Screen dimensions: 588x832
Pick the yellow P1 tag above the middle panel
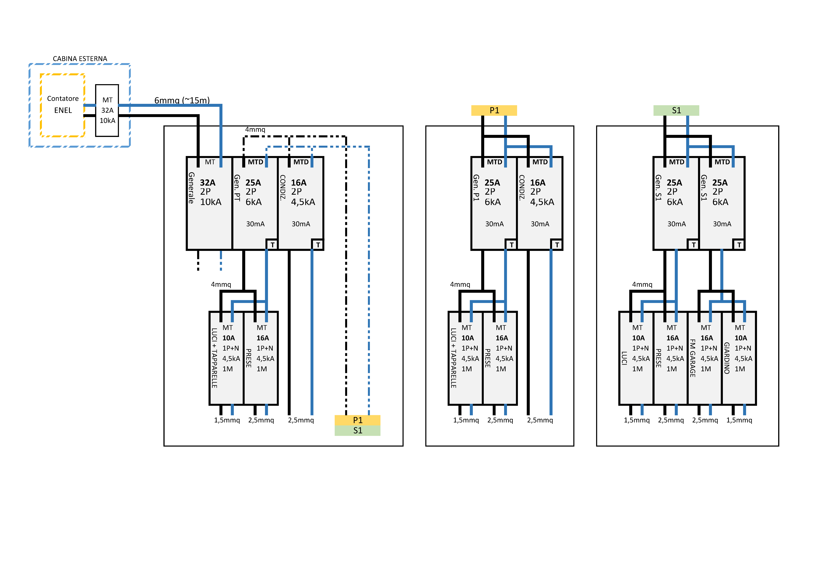point(494,110)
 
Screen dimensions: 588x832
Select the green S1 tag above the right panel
point(676,110)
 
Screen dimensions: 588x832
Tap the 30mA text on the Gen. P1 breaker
point(494,224)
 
